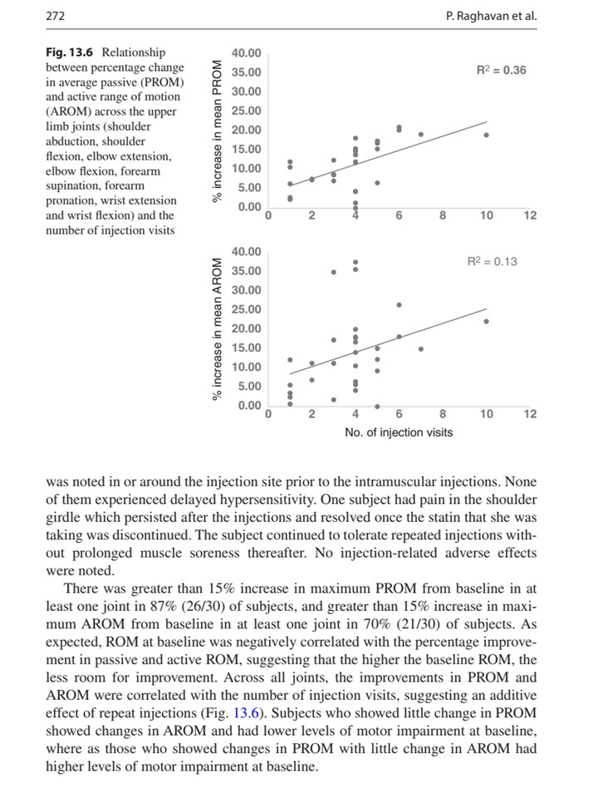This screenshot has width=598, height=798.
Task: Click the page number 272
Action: [x=56, y=17]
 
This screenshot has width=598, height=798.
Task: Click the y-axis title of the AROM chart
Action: [x=218, y=329]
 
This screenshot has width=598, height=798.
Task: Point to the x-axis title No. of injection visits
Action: [x=399, y=433]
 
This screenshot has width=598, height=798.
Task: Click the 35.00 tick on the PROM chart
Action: [x=247, y=72]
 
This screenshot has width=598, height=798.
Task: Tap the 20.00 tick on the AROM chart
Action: [x=247, y=328]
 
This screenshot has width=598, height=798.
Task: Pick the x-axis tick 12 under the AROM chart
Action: [x=531, y=414]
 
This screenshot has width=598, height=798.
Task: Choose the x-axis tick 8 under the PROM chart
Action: [x=443, y=216]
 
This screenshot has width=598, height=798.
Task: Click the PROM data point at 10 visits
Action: [x=487, y=135]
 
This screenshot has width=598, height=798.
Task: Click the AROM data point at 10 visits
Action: [x=487, y=321]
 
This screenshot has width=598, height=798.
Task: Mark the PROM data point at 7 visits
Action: [x=421, y=134]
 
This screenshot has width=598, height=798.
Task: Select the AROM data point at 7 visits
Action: [x=421, y=349]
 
